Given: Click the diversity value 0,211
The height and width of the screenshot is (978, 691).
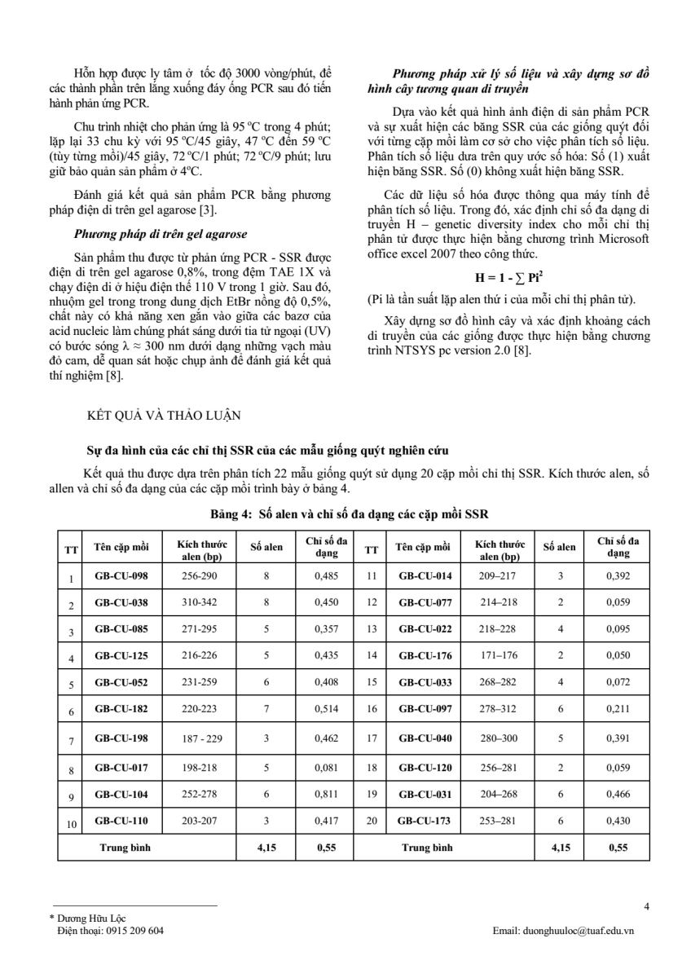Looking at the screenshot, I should click(x=618, y=709).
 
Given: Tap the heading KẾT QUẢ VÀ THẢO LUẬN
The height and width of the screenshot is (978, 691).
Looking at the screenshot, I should click(x=163, y=415).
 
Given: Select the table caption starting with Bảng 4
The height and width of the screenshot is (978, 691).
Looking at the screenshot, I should click(x=348, y=513).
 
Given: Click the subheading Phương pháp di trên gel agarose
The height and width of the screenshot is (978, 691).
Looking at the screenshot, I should click(x=161, y=234).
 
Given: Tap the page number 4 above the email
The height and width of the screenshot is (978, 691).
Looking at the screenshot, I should click(x=645, y=905).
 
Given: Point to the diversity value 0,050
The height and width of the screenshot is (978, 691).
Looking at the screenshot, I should click(x=618, y=654).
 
